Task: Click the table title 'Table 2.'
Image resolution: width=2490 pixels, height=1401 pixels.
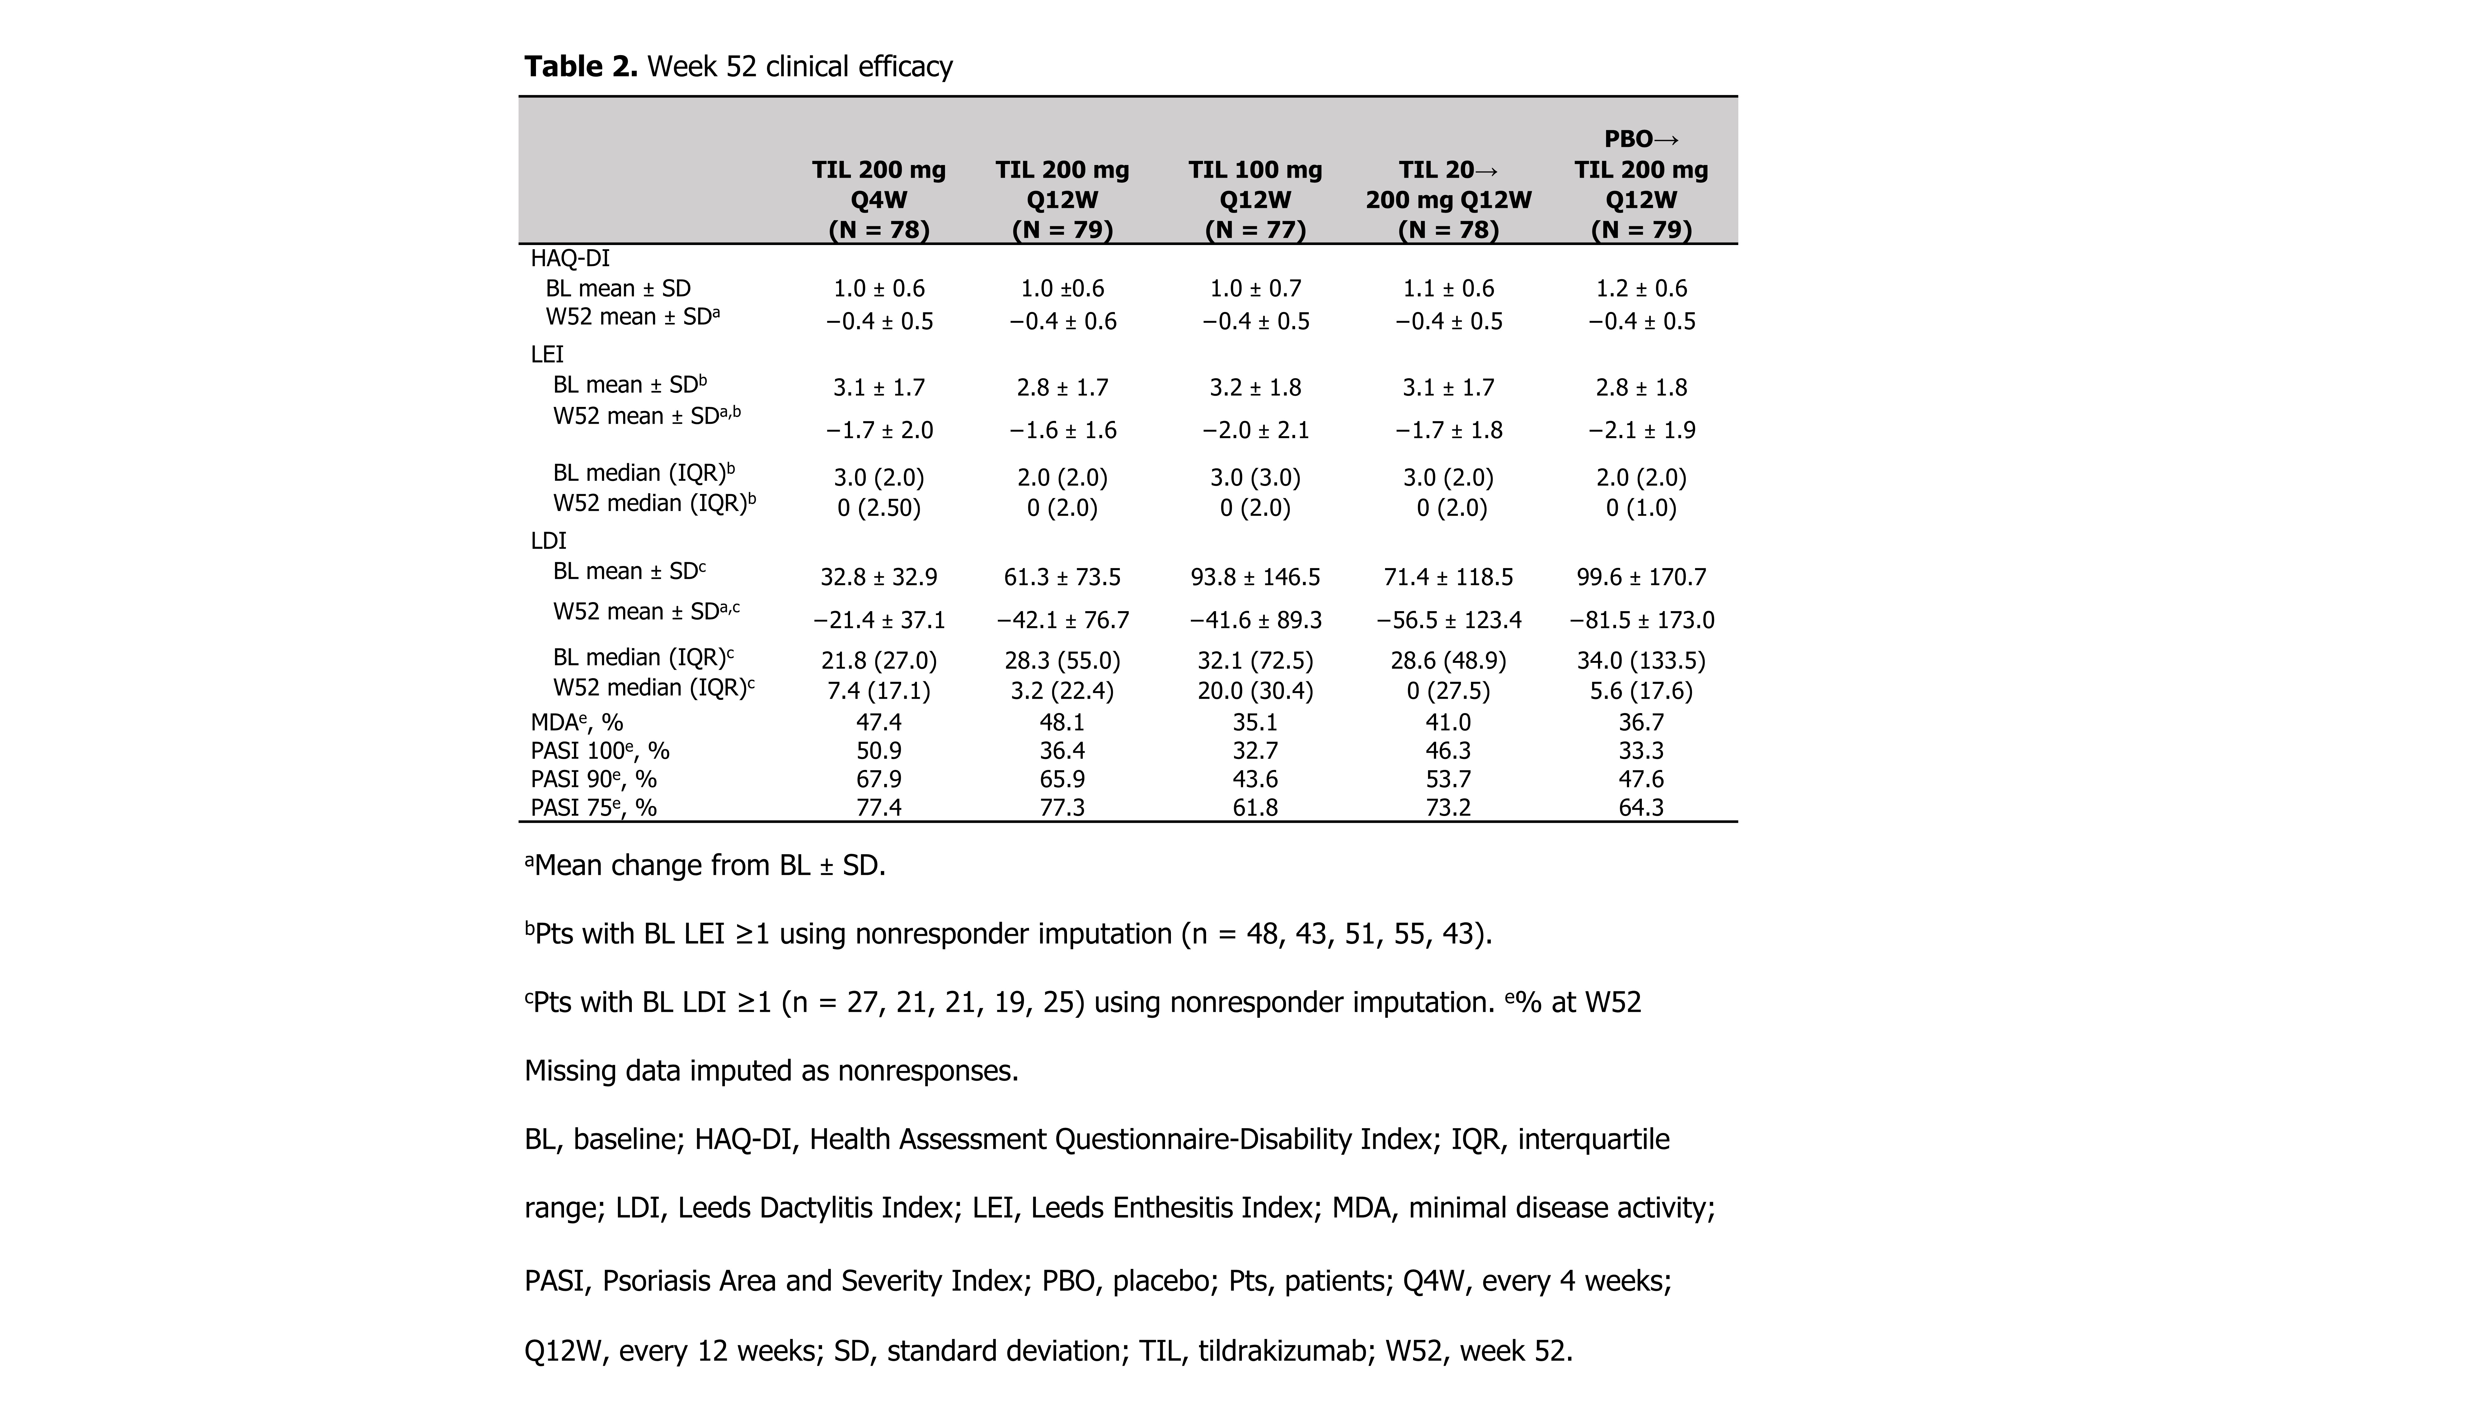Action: point(580,67)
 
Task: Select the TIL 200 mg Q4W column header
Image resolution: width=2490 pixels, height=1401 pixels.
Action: point(879,199)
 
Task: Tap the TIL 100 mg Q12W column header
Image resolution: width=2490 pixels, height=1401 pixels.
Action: point(1255,199)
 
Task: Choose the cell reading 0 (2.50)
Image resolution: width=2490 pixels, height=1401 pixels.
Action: point(879,507)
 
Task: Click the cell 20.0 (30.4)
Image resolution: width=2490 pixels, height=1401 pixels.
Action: point(1255,690)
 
